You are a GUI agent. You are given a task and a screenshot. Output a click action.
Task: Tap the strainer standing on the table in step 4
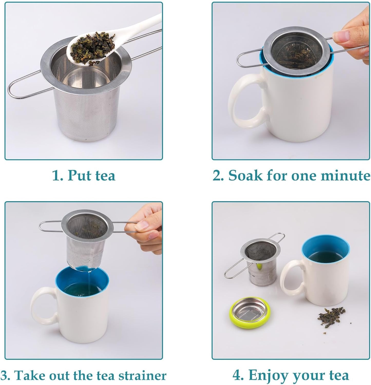pyautogui.click(x=259, y=262)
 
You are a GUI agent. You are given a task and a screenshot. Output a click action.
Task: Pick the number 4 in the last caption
pyautogui.click(x=237, y=375)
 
